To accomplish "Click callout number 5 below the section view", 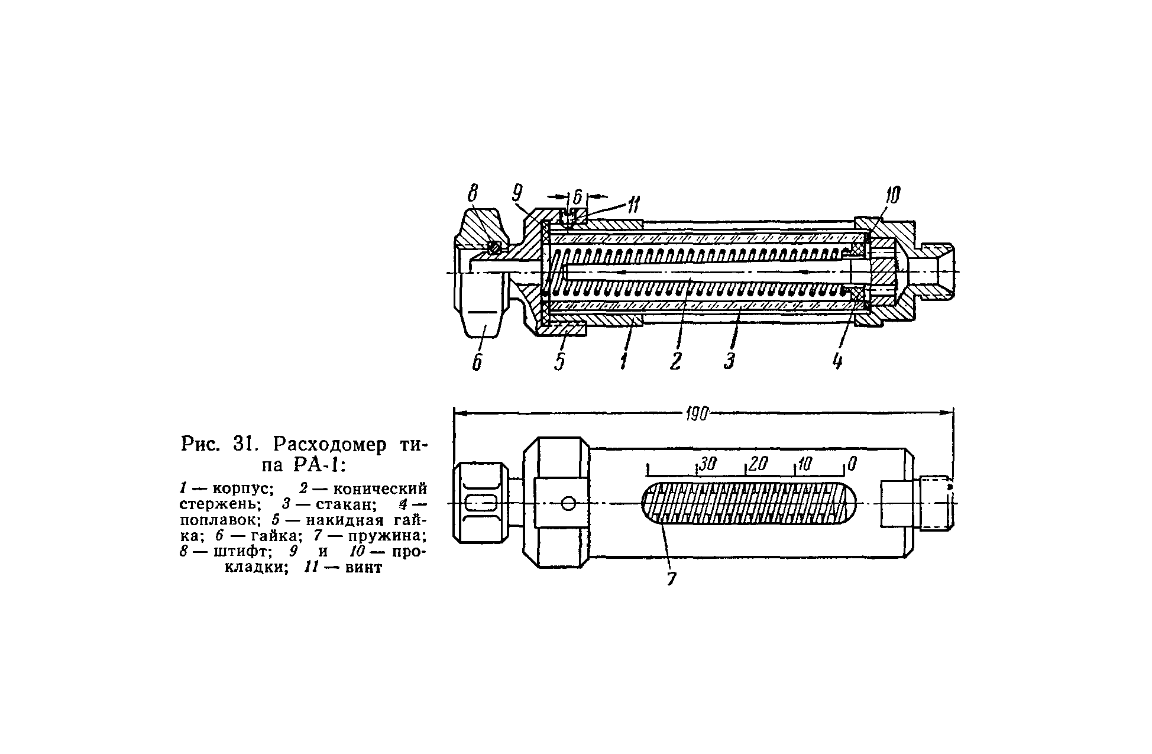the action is tap(560, 361).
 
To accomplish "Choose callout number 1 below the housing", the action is tap(624, 361).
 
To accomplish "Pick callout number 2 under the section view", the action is tap(676, 361).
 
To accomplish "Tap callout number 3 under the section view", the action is tap(729, 361).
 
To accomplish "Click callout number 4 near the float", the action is tap(837, 361).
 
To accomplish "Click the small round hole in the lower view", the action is tap(568, 503).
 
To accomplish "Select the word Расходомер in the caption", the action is tap(330, 444).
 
